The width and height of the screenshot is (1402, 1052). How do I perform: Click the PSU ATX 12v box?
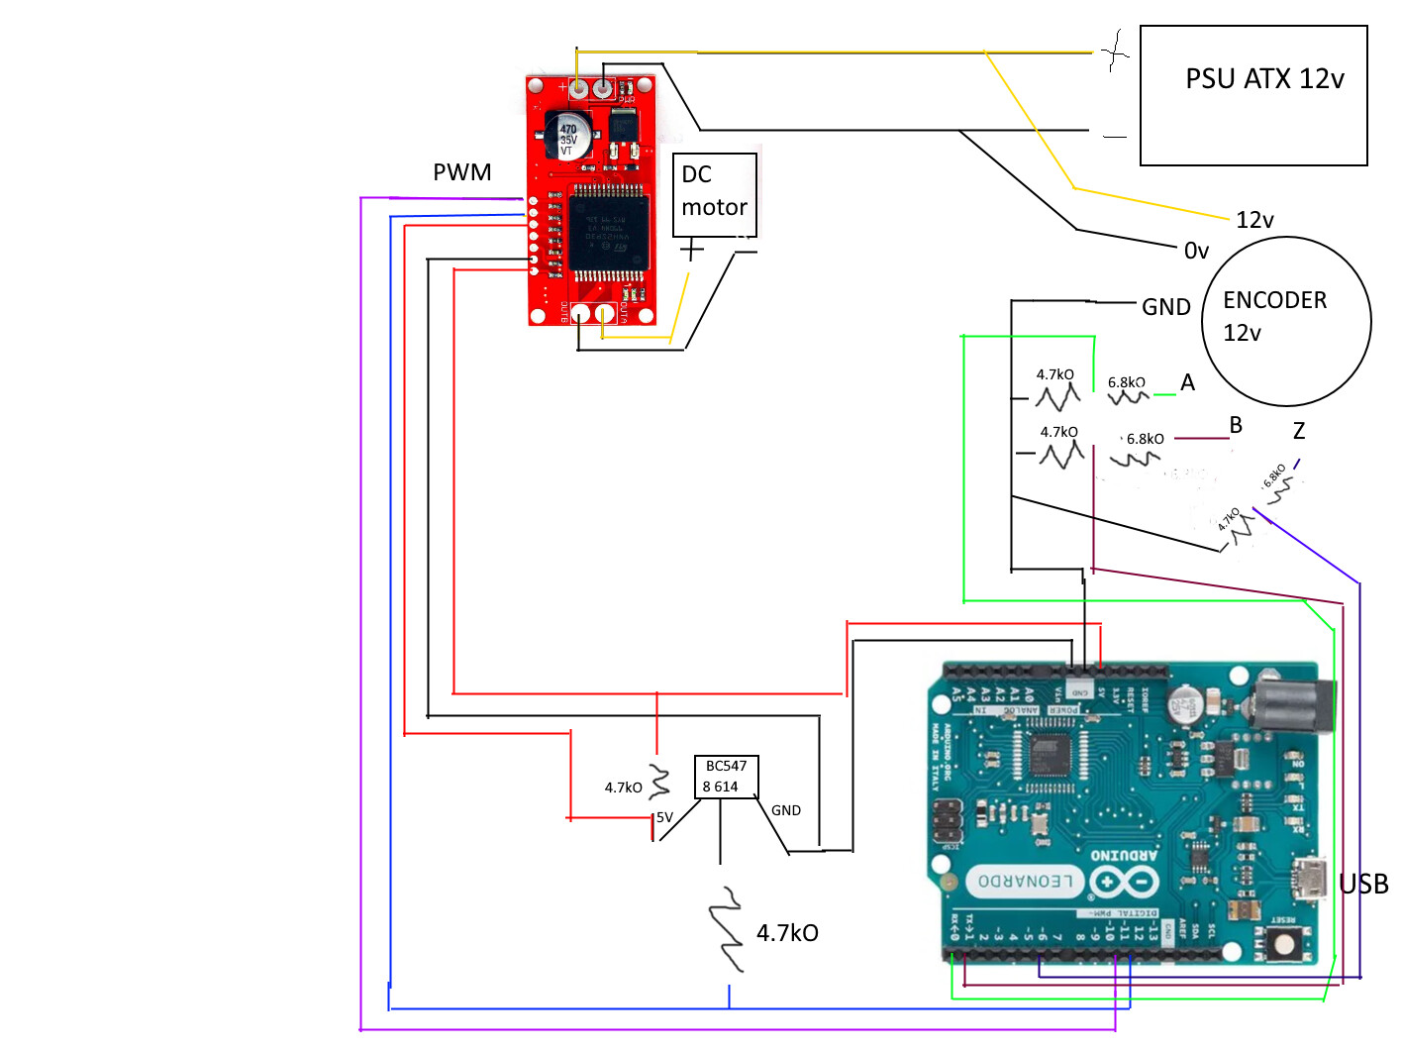pos(1253,95)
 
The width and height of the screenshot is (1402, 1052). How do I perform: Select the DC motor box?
pos(714,193)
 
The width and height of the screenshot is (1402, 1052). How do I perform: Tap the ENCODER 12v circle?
pos(1285,320)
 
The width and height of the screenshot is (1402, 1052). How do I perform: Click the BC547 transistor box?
pos(726,776)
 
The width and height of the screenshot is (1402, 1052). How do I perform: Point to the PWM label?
pos(461,172)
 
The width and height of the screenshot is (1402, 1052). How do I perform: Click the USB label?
pos(1362,884)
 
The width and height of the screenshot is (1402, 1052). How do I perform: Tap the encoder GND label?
pos(1165,307)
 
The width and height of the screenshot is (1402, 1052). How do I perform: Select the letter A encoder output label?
pos(1187,382)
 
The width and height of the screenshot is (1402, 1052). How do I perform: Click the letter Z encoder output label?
pos(1298,431)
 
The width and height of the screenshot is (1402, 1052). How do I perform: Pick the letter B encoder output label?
pos(1235,425)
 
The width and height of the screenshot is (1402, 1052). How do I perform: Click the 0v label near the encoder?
pos(1196,251)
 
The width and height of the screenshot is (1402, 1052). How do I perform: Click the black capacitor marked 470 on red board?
pos(568,135)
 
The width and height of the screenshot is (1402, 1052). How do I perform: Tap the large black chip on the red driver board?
pos(608,232)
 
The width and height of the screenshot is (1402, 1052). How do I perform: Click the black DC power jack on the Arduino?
pos(1291,706)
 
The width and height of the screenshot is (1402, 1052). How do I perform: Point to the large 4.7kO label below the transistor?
pos(787,933)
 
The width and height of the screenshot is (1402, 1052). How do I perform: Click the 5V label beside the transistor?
pos(664,817)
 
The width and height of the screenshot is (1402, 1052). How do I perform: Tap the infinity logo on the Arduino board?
pos(1124,881)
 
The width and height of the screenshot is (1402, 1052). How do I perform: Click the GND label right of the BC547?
pos(785,810)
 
